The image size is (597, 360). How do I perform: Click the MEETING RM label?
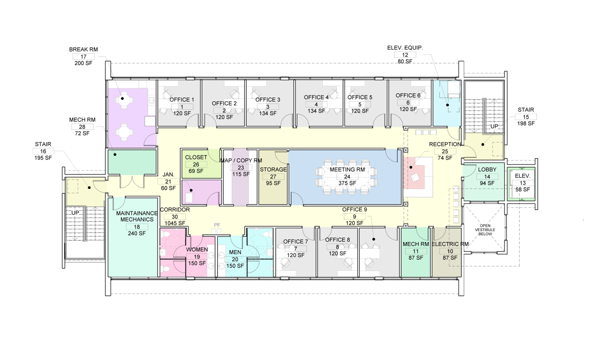pos(347,169)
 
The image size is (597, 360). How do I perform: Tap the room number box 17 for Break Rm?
pos(83,56)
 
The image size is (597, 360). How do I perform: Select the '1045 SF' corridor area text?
pos(175,223)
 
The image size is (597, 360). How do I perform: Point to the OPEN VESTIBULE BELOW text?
pos(485,230)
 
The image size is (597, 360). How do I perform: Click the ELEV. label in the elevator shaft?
pos(523,176)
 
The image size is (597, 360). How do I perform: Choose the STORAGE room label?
pos(273,169)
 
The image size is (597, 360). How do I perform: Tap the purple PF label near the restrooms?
pos(217,225)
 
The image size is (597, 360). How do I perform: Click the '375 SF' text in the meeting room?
pos(347,183)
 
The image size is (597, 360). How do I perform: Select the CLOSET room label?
pos(196,157)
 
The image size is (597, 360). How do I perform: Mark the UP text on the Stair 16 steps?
pos(75,213)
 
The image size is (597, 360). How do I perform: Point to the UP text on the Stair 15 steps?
pos(494,126)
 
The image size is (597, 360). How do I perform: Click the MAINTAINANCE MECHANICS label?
pos(137,216)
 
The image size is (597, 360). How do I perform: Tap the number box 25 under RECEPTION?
pos(445,151)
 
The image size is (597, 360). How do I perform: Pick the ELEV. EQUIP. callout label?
pos(405,48)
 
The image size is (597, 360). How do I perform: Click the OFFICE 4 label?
pos(316,97)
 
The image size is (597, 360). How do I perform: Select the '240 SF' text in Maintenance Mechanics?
pos(137,233)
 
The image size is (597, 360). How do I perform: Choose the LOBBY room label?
pos(487,169)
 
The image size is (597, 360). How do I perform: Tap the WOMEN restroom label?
pos(197,249)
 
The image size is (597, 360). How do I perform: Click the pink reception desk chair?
pos(415,177)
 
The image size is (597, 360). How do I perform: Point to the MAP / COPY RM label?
pos(241,160)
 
